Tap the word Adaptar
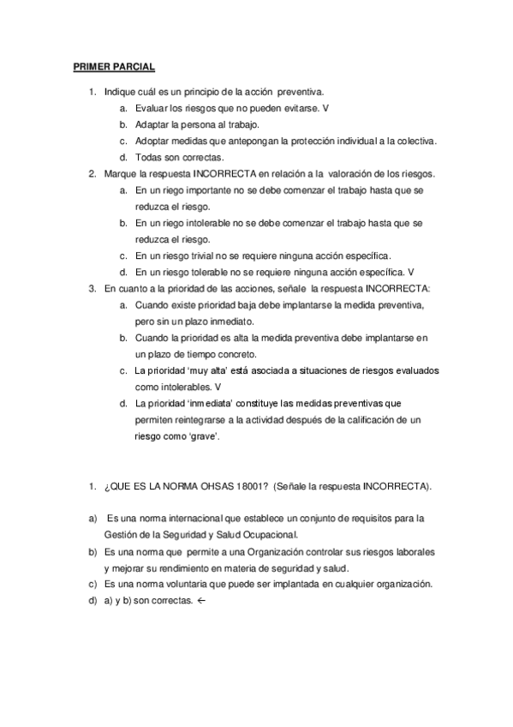[151, 124]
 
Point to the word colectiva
[417, 141]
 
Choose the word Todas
[148, 157]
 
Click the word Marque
[120, 173]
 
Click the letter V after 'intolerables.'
[217, 387]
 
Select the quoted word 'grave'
[206, 436]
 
